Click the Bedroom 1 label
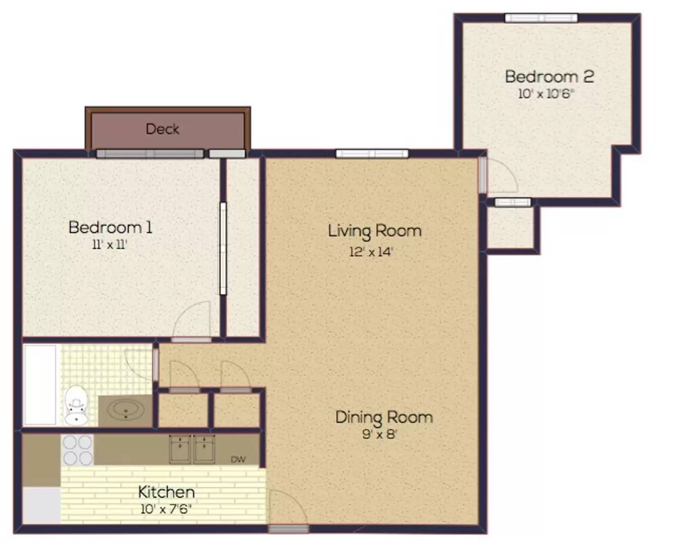[110, 227]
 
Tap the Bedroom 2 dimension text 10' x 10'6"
[546, 94]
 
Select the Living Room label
[374, 231]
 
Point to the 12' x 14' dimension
[371, 252]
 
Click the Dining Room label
[384, 417]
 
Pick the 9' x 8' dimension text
[380, 434]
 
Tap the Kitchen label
[166, 492]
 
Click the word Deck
[163, 129]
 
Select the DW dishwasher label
[239, 459]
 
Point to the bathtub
[40, 385]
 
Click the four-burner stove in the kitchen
[77, 450]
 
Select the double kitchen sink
[192, 449]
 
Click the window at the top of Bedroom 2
[541, 18]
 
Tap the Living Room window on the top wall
[372, 154]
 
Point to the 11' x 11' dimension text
[110, 245]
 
